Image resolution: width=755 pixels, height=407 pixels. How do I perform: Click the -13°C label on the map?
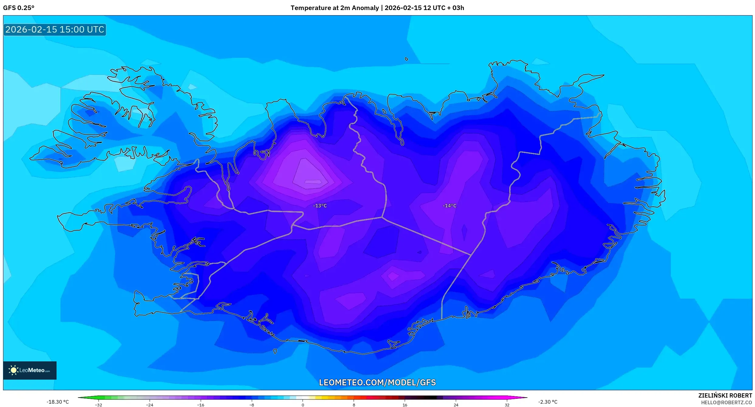pos(320,206)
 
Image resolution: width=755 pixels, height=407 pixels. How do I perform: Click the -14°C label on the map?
pos(449,206)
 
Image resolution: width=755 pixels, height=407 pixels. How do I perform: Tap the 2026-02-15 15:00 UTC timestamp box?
pos(55,30)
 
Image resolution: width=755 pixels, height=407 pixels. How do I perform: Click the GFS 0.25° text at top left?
pos(19,8)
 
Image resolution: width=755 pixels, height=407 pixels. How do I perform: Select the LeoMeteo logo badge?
pos(30,370)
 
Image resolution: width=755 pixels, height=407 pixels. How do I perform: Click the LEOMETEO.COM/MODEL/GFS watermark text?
pos(377,382)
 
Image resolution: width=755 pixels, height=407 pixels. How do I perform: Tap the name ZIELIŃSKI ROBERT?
pos(725,395)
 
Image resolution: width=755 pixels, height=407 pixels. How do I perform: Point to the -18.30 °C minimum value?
pos(58,402)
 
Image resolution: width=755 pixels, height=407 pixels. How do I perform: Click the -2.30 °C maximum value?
pos(548,402)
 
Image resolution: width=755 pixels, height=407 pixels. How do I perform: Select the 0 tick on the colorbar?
pos(303,405)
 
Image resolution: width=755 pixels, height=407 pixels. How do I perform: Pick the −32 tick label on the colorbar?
pos(99,405)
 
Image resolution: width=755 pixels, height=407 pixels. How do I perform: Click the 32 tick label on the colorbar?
pos(507,405)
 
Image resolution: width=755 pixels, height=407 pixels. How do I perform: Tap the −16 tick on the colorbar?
pos(201,405)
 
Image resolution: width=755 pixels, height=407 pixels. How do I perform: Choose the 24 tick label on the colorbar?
pos(456,405)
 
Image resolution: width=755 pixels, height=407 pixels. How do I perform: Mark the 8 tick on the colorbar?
pos(354,405)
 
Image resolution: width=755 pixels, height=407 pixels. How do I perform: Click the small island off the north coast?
pos(407,59)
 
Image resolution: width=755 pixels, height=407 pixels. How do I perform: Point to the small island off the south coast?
pos(275,351)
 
